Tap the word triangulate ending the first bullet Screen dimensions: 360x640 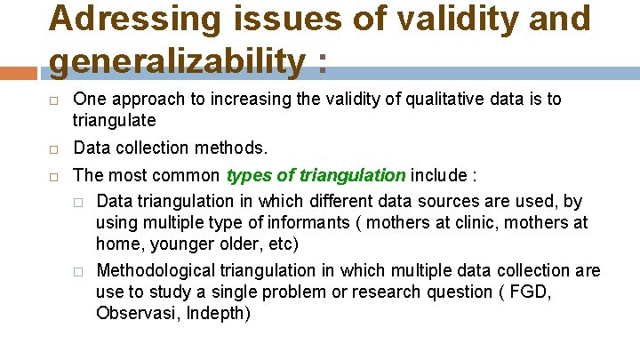point(114,120)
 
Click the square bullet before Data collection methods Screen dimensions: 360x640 point(53,148)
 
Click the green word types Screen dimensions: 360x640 point(249,174)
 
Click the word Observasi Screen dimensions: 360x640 point(138,313)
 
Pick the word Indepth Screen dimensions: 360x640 point(219,313)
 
